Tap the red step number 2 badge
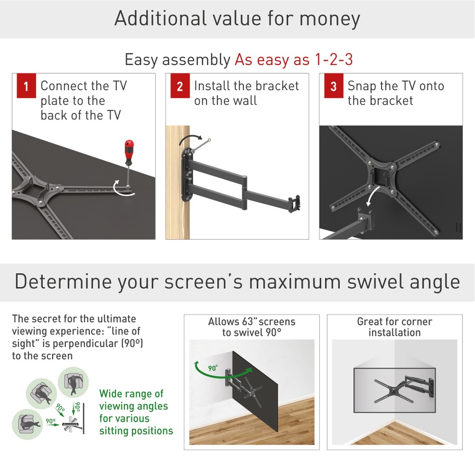tap(179, 87)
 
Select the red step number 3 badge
tap(333, 87)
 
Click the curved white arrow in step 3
tap(373, 199)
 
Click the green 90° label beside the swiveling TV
tap(213, 368)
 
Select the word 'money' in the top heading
tap(330, 18)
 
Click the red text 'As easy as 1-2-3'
tap(293, 60)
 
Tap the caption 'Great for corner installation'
tap(394, 327)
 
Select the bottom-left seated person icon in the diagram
tap(25, 423)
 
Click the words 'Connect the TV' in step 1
tap(83, 86)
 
